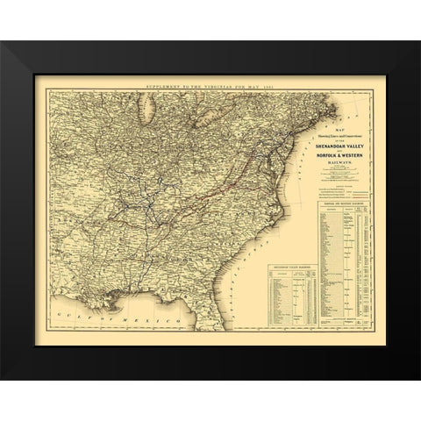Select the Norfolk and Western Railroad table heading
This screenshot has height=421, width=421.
click(337, 203)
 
